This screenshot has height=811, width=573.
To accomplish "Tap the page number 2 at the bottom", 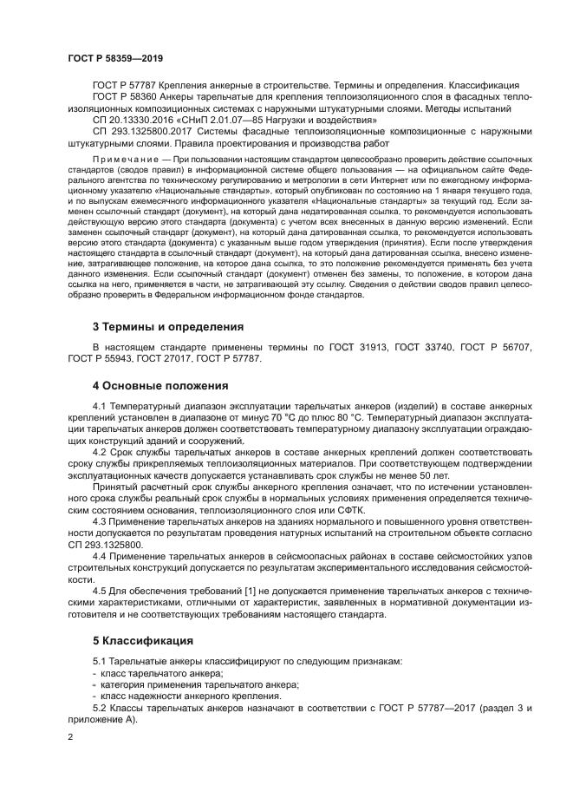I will pyautogui.click(x=70, y=736).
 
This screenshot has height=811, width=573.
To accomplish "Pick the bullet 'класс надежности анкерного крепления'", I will pyautogui.click(x=191, y=696).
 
